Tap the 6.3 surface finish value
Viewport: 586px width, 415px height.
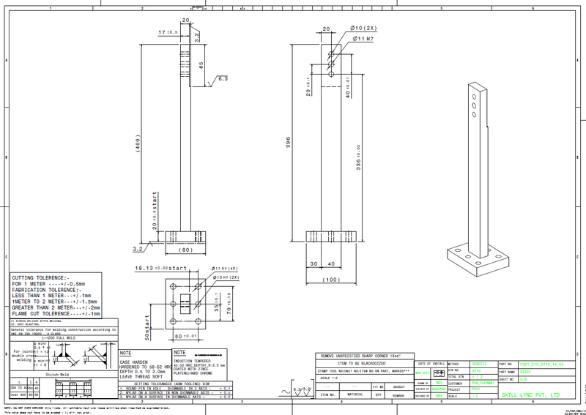coord(223,78)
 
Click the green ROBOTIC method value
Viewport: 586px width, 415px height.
coord(479,363)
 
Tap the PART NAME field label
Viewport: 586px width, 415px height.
coord(506,371)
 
